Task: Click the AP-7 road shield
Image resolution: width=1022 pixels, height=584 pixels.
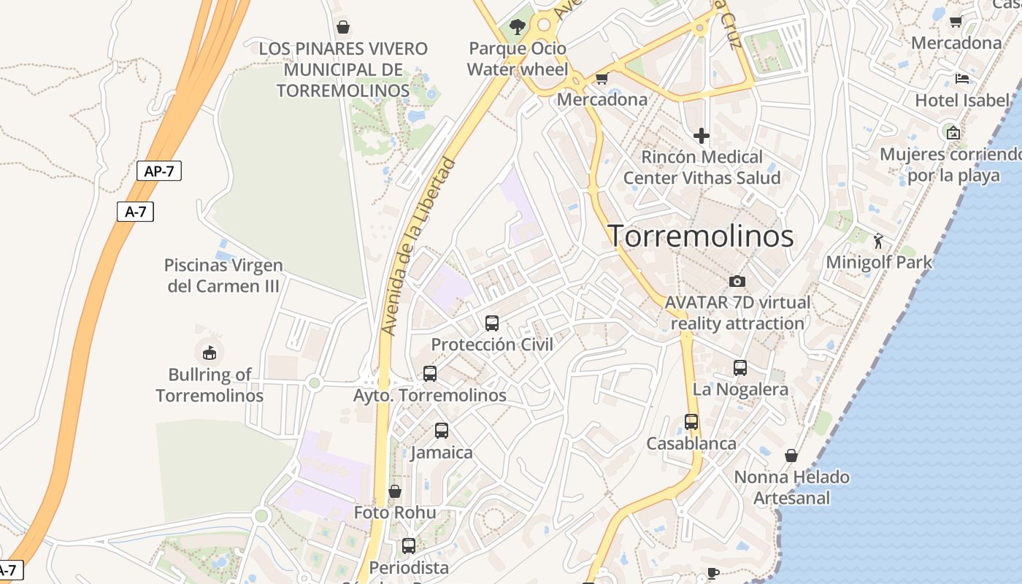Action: pos(158,172)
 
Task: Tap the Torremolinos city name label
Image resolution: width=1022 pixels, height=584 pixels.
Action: pos(701,236)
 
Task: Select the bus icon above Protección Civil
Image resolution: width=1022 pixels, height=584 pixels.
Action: pos(492,323)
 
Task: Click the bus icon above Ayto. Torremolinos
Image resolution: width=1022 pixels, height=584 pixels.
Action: pos(430,374)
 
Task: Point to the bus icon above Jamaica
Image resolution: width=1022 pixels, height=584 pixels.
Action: pos(442,431)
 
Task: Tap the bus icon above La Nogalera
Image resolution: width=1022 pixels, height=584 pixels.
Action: pos(740,368)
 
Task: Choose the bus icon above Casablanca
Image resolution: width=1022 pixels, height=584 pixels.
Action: pos(691,422)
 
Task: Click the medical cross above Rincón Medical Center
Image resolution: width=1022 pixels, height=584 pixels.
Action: pos(702,135)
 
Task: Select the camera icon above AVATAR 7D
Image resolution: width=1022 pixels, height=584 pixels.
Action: pos(737,281)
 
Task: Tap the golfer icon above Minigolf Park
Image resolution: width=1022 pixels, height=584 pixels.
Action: pos(878,240)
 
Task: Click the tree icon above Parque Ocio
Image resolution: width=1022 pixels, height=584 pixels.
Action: pos(518,28)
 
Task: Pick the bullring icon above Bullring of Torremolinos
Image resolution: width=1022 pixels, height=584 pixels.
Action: pos(210,353)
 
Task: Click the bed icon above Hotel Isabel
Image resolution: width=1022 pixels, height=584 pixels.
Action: pos(962,78)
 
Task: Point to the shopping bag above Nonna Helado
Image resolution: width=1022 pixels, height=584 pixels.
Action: pos(791,456)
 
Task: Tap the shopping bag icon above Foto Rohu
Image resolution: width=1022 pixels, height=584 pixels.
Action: pos(395,491)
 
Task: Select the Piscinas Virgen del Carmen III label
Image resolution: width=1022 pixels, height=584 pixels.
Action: pos(223,275)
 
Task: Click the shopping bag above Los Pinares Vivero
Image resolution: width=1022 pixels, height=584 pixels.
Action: pos(343,27)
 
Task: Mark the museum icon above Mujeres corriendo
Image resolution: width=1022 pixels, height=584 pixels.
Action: pos(953,133)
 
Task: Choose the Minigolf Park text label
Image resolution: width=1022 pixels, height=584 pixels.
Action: pos(879,262)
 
